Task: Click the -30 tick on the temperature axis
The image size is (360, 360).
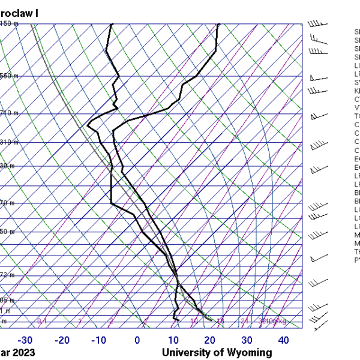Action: (x=25, y=340)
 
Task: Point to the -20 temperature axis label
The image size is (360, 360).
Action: (x=62, y=340)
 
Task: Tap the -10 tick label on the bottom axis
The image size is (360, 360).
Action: (x=99, y=340)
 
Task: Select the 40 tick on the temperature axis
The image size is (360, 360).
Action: (x=283, y=340)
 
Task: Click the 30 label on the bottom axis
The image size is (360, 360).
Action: (x=247, y=340)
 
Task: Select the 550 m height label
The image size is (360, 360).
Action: (x=8, y=76)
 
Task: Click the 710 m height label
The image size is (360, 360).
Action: (x=8, y=113)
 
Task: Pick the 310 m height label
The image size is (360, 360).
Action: (x=8, y=143)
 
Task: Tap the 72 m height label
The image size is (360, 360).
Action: (x=7, y=275)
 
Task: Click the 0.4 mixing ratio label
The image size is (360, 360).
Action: (x=42, y=322)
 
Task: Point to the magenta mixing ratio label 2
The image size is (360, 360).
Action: (x=111, y=322)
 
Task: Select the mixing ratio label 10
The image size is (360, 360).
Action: (x=194, y=322)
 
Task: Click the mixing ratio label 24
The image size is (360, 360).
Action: (x=244, y=322)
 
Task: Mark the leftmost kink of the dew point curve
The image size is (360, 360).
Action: (x=88, y=125)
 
